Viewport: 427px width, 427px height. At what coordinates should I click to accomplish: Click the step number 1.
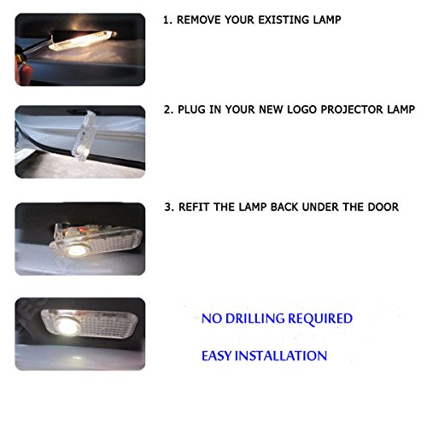[x=167, y=19]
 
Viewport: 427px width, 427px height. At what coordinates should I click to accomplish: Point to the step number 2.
[x=167, y=111]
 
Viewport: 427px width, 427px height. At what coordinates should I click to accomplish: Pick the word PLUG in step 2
[x=195, y=111]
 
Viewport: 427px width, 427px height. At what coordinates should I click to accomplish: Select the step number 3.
[x=167, y=207]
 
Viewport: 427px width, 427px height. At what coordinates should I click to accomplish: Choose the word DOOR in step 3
[x=383, y=207]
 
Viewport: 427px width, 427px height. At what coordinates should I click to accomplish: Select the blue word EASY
[x=217, y=354]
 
